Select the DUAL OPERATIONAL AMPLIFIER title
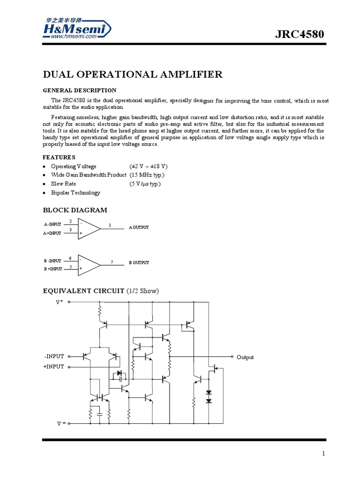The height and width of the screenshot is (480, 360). pos(133,75)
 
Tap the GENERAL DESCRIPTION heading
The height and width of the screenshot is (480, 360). pos(80,90)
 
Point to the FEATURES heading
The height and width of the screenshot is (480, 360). pos(59,157)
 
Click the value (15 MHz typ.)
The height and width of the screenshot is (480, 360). pos(147,175)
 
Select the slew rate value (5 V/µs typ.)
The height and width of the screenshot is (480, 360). pos(145,184)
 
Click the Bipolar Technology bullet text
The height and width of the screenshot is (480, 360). pos(75,193)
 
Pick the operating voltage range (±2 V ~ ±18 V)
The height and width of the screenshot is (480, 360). pos(149,166)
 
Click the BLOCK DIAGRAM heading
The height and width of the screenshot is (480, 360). pos(75,210)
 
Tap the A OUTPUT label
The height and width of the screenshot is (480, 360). pos(139,227)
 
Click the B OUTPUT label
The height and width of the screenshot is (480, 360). pos(139,263)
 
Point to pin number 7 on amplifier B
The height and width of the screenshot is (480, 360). pos(112,261)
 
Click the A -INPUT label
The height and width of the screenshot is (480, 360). pos(52,225)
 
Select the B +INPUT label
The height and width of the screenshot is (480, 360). pos(53,269)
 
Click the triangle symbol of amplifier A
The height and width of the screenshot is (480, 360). pos(88,228)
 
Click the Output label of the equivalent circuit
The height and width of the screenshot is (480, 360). pos(245,357)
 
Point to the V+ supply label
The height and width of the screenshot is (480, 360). pos(60,302)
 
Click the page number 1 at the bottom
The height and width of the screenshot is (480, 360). pos(323,453)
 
